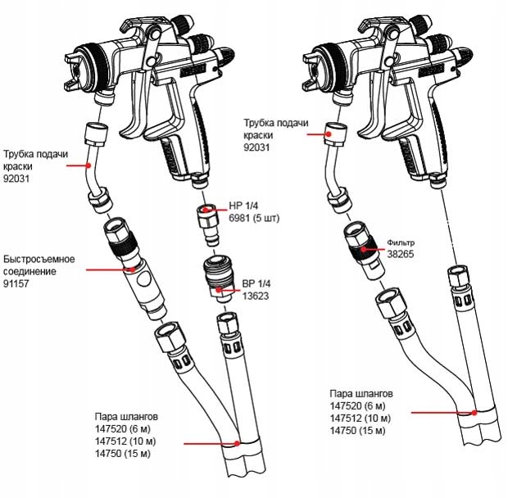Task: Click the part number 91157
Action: [16, 283]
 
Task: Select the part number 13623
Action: [256, 296]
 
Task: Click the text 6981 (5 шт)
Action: [254, 218]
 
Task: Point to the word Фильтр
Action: [401, 242]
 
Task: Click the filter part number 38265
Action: [401, 254]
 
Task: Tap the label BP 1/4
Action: [256, 283]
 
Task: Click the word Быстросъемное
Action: [39, 260]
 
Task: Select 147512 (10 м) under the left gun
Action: [125, 441]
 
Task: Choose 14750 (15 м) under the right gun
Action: [358, 431]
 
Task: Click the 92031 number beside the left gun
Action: [16, 179]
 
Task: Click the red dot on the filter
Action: [364, 249]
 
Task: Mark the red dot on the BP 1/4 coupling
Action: [220, 290]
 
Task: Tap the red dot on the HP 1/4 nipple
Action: [205, 210]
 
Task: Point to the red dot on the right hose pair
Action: [474, 413]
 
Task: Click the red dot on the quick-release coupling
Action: [133, 269]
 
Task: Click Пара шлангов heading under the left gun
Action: [126, 416]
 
